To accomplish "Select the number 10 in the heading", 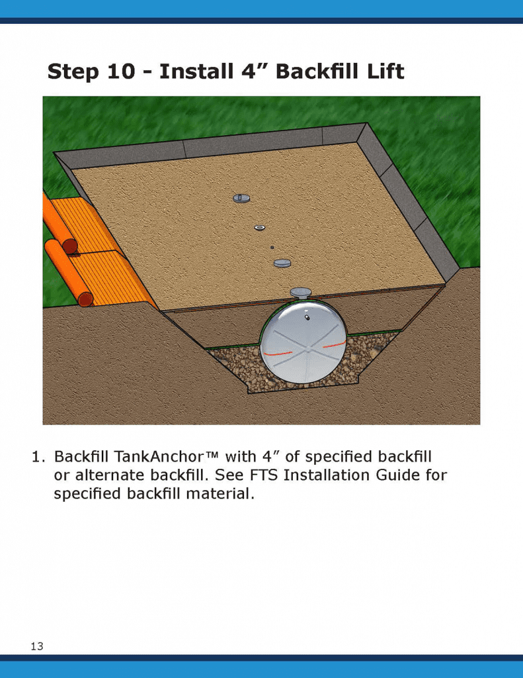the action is tap(121, 72).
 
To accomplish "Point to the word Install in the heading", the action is tap(196, 71).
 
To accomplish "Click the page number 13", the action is tap(37, 646).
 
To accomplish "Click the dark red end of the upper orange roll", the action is tap(70, 246).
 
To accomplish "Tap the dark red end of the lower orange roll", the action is tap(86, 299).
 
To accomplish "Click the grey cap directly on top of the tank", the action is tap(301, 293).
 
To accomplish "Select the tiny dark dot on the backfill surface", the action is tap(272, 248).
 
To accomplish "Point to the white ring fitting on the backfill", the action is tap(260, 228).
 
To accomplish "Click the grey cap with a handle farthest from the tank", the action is tap(241, 198).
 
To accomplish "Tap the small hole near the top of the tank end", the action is tap(307, 318).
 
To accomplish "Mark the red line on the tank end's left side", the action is tap(278, 354).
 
